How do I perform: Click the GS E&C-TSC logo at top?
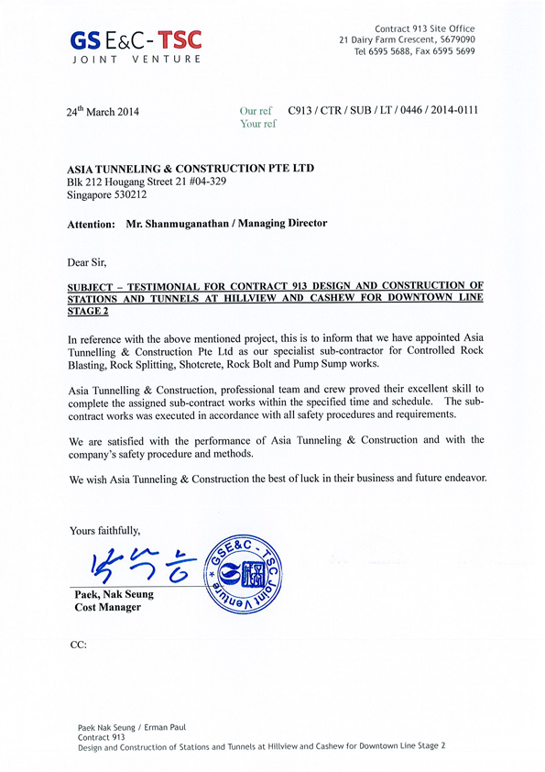(x=135, y=39)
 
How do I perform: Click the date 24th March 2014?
(x=104, y=112)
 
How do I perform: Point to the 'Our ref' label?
(x=256, y=111)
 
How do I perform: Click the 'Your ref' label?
(x=257, y=124)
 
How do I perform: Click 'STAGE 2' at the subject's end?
(x=89, y=312)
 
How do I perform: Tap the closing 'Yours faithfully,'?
(x=105, y=529)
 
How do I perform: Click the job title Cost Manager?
(x=108, y=608)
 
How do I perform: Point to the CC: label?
(x=78, y=645)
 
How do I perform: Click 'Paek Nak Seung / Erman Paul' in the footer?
(x=132, y=726)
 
